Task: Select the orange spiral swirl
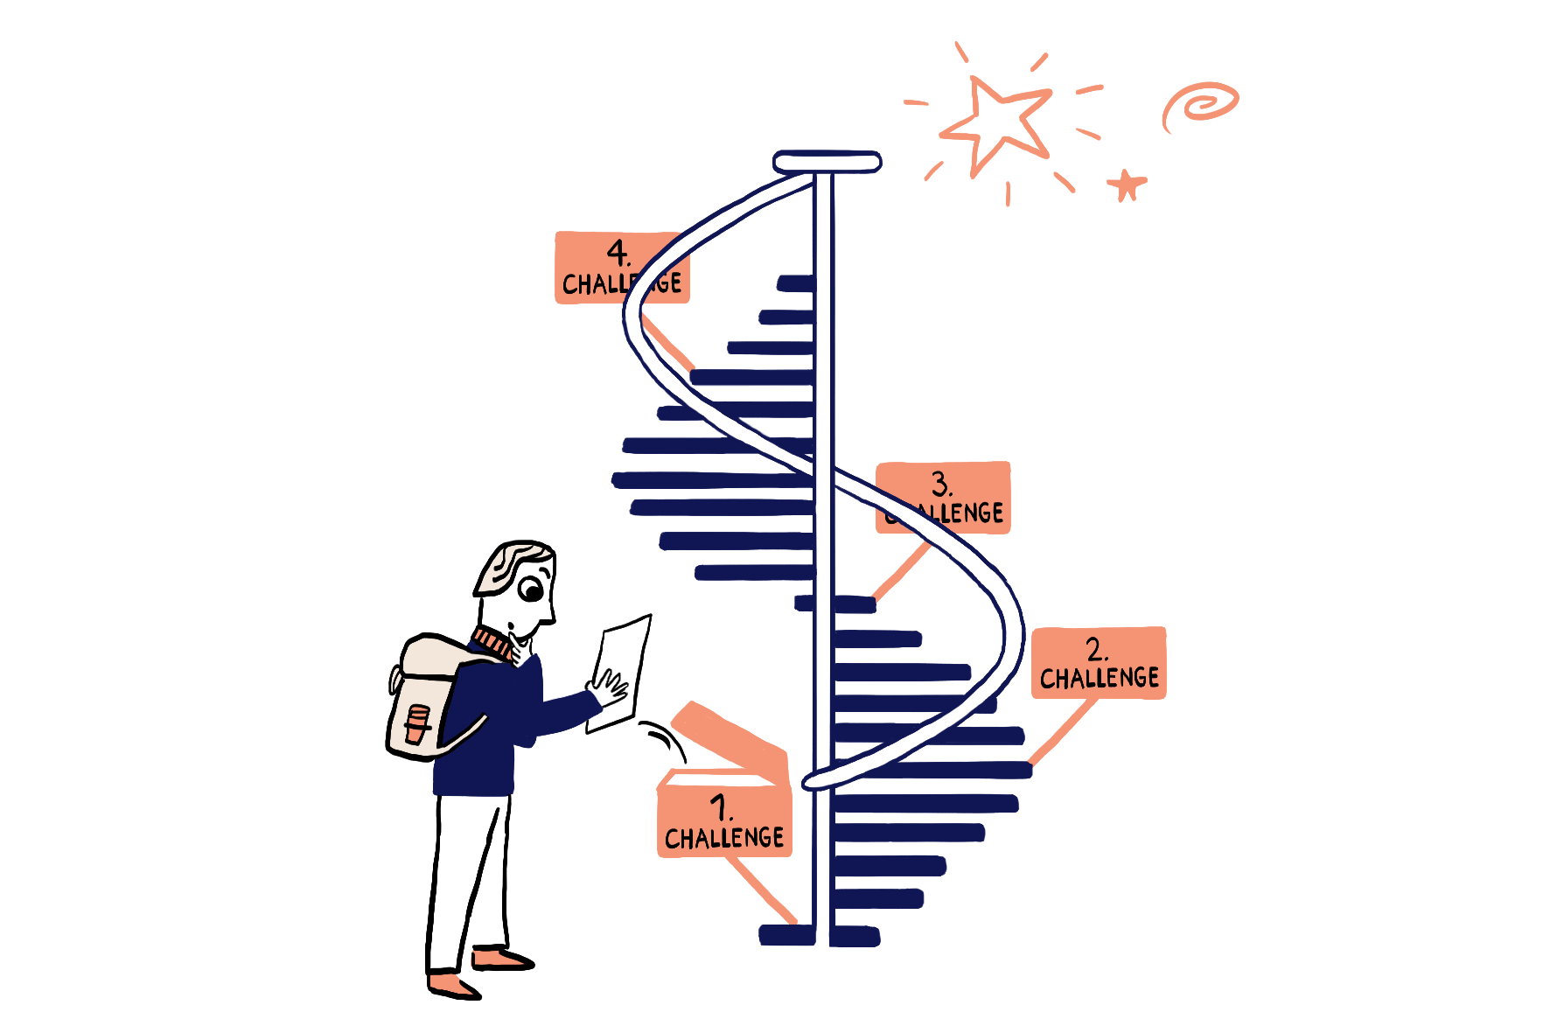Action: pyautogui.click(x=1201, y=103)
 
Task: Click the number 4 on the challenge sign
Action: pyautogui.click(x=618, y=253)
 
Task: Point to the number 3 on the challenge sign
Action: pyautogui.click(x=940, y=483)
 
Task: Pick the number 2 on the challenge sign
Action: pyautogui.click(x=1096, y=649)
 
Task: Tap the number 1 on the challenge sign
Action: pyautogui.click(x=720, y=806)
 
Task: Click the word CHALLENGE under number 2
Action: pyautogui.click(x=1099, y=678)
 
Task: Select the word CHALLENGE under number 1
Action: pyautogui.click(x=724, y=838)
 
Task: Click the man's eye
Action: pyautogui.click(x=531, y=590)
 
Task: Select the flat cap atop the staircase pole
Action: pyautogui.click(x=827, y=162)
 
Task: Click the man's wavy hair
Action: pyautogui.click(x=512, y=564)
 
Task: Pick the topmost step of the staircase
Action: pyautogui.click(x=795, y=283)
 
